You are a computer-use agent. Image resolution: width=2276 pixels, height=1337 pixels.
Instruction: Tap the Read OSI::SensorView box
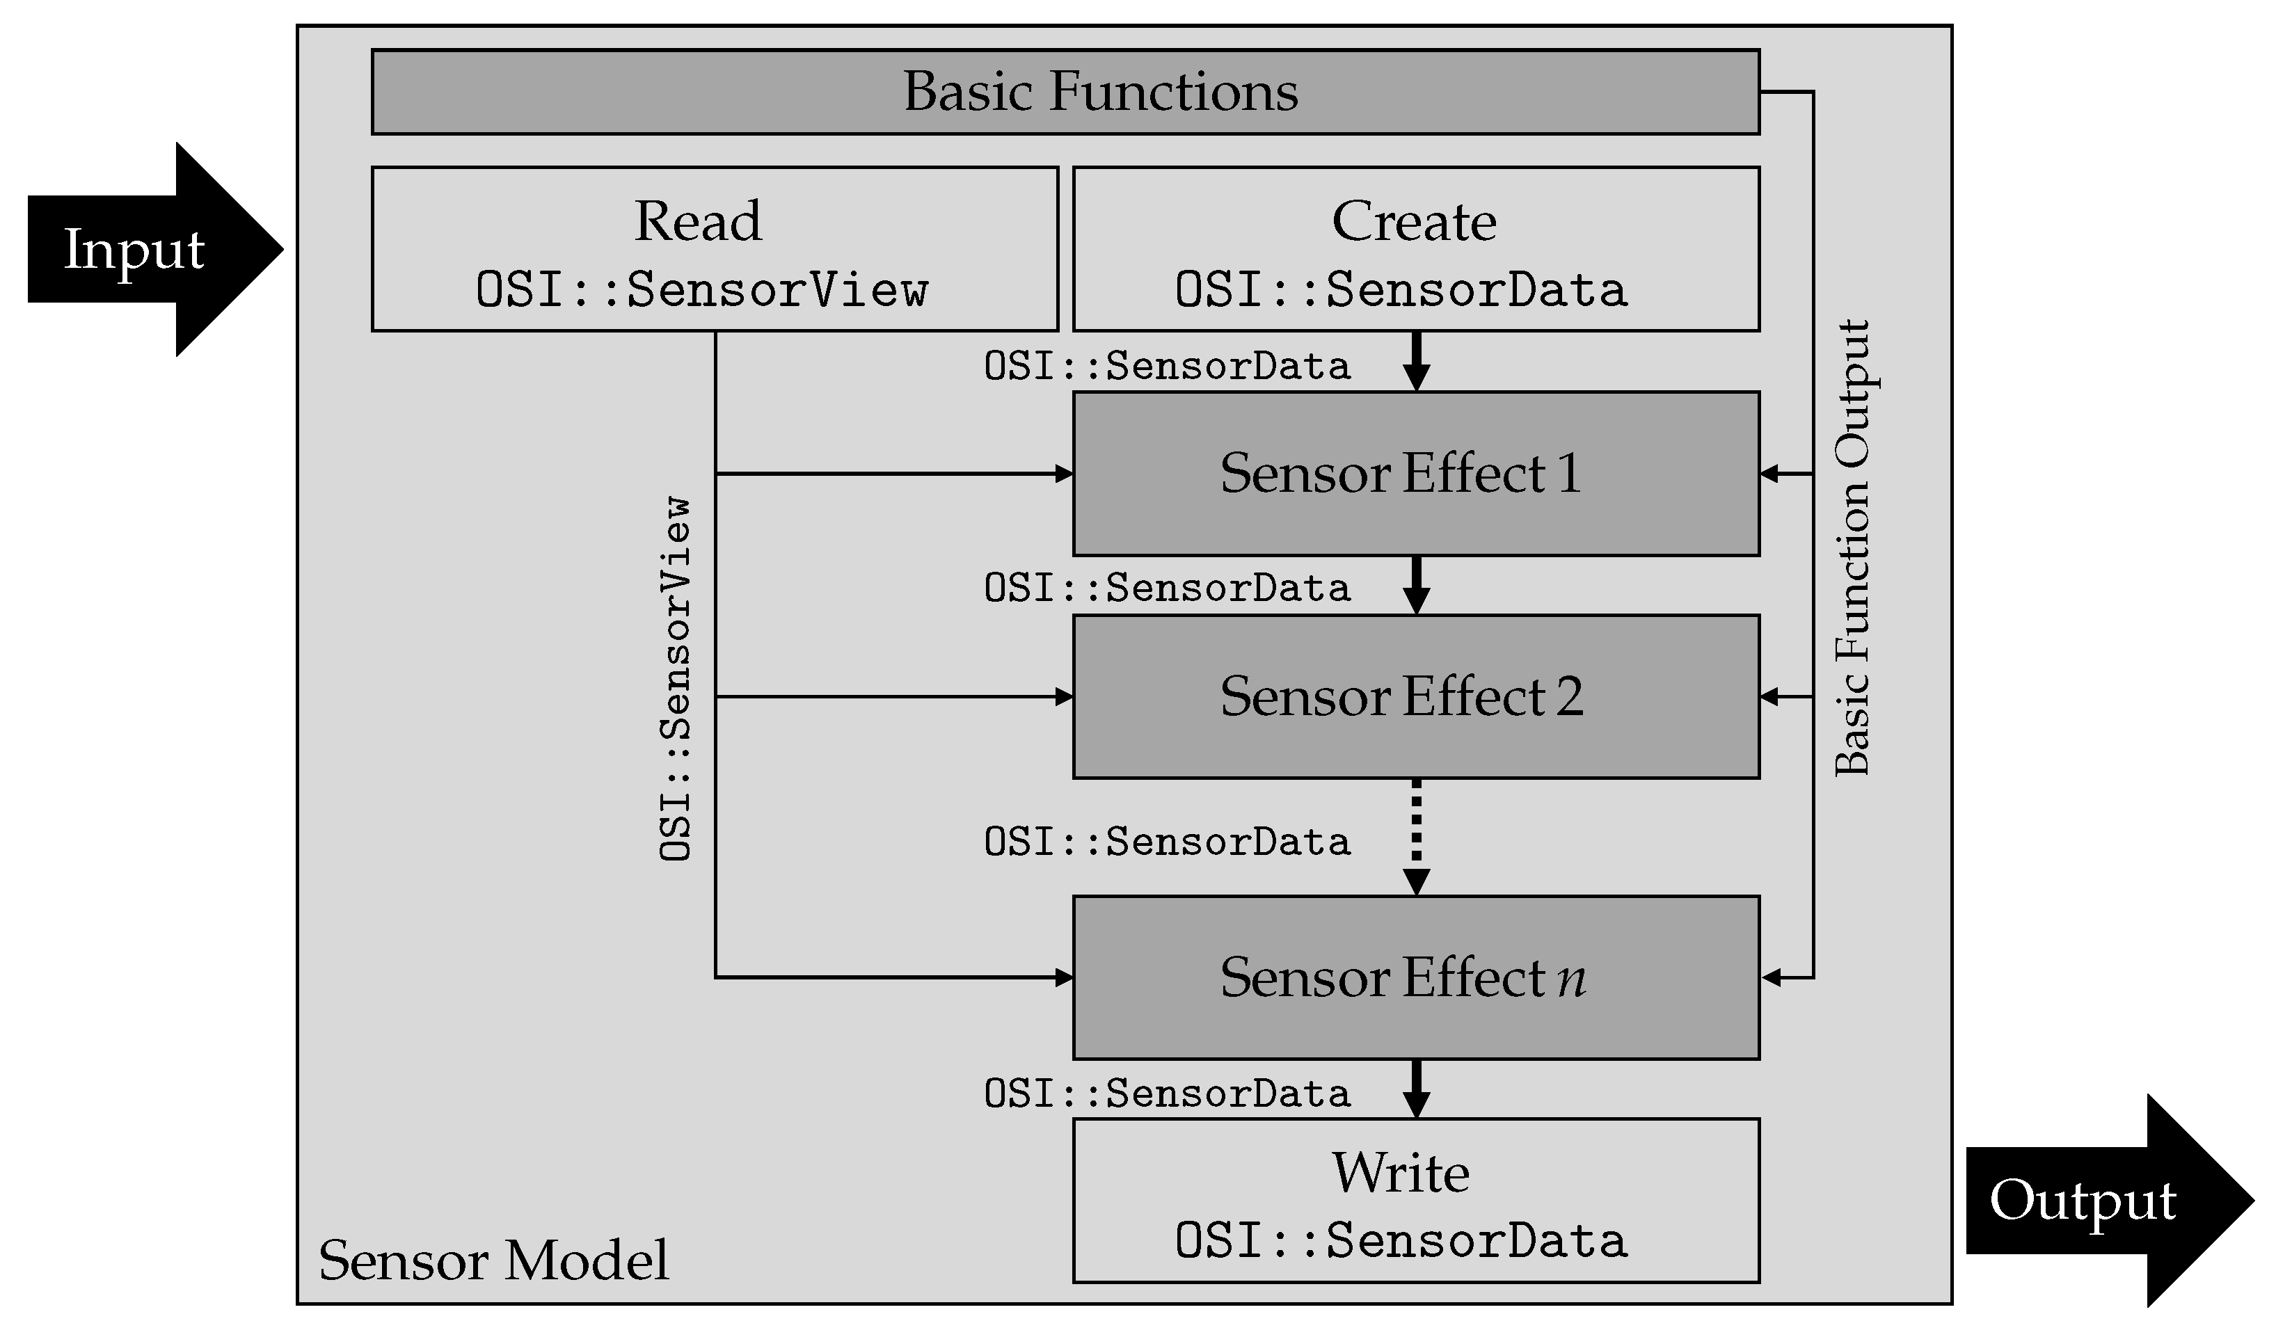715,249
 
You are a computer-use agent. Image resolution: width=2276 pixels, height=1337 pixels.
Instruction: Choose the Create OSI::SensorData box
1415,249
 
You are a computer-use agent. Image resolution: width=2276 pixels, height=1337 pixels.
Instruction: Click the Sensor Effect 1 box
1415,473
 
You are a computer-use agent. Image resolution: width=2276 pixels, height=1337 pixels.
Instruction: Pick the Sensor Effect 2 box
1415,696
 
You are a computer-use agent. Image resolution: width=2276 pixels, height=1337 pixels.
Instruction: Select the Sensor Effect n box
1415,977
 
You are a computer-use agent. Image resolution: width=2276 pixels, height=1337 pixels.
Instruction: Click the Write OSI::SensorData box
1415,1201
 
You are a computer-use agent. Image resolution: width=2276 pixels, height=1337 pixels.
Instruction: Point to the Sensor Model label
493,1260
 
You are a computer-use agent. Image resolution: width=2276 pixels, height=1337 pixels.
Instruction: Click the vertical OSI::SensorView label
676,679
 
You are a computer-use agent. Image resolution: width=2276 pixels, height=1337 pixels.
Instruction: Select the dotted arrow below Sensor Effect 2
1415,835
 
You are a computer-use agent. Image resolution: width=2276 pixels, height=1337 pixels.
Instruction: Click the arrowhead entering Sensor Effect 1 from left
1064,473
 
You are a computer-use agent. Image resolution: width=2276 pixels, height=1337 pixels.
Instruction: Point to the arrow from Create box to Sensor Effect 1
1415,360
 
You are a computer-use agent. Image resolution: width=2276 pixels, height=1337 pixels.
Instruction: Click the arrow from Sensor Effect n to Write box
1415,1089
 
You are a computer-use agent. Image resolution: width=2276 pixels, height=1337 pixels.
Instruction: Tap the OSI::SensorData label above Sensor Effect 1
1167,367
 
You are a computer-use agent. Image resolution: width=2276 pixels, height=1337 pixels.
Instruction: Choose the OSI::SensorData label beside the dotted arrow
1167,842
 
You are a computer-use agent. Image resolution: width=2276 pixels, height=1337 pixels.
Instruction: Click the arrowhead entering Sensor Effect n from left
1064,977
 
